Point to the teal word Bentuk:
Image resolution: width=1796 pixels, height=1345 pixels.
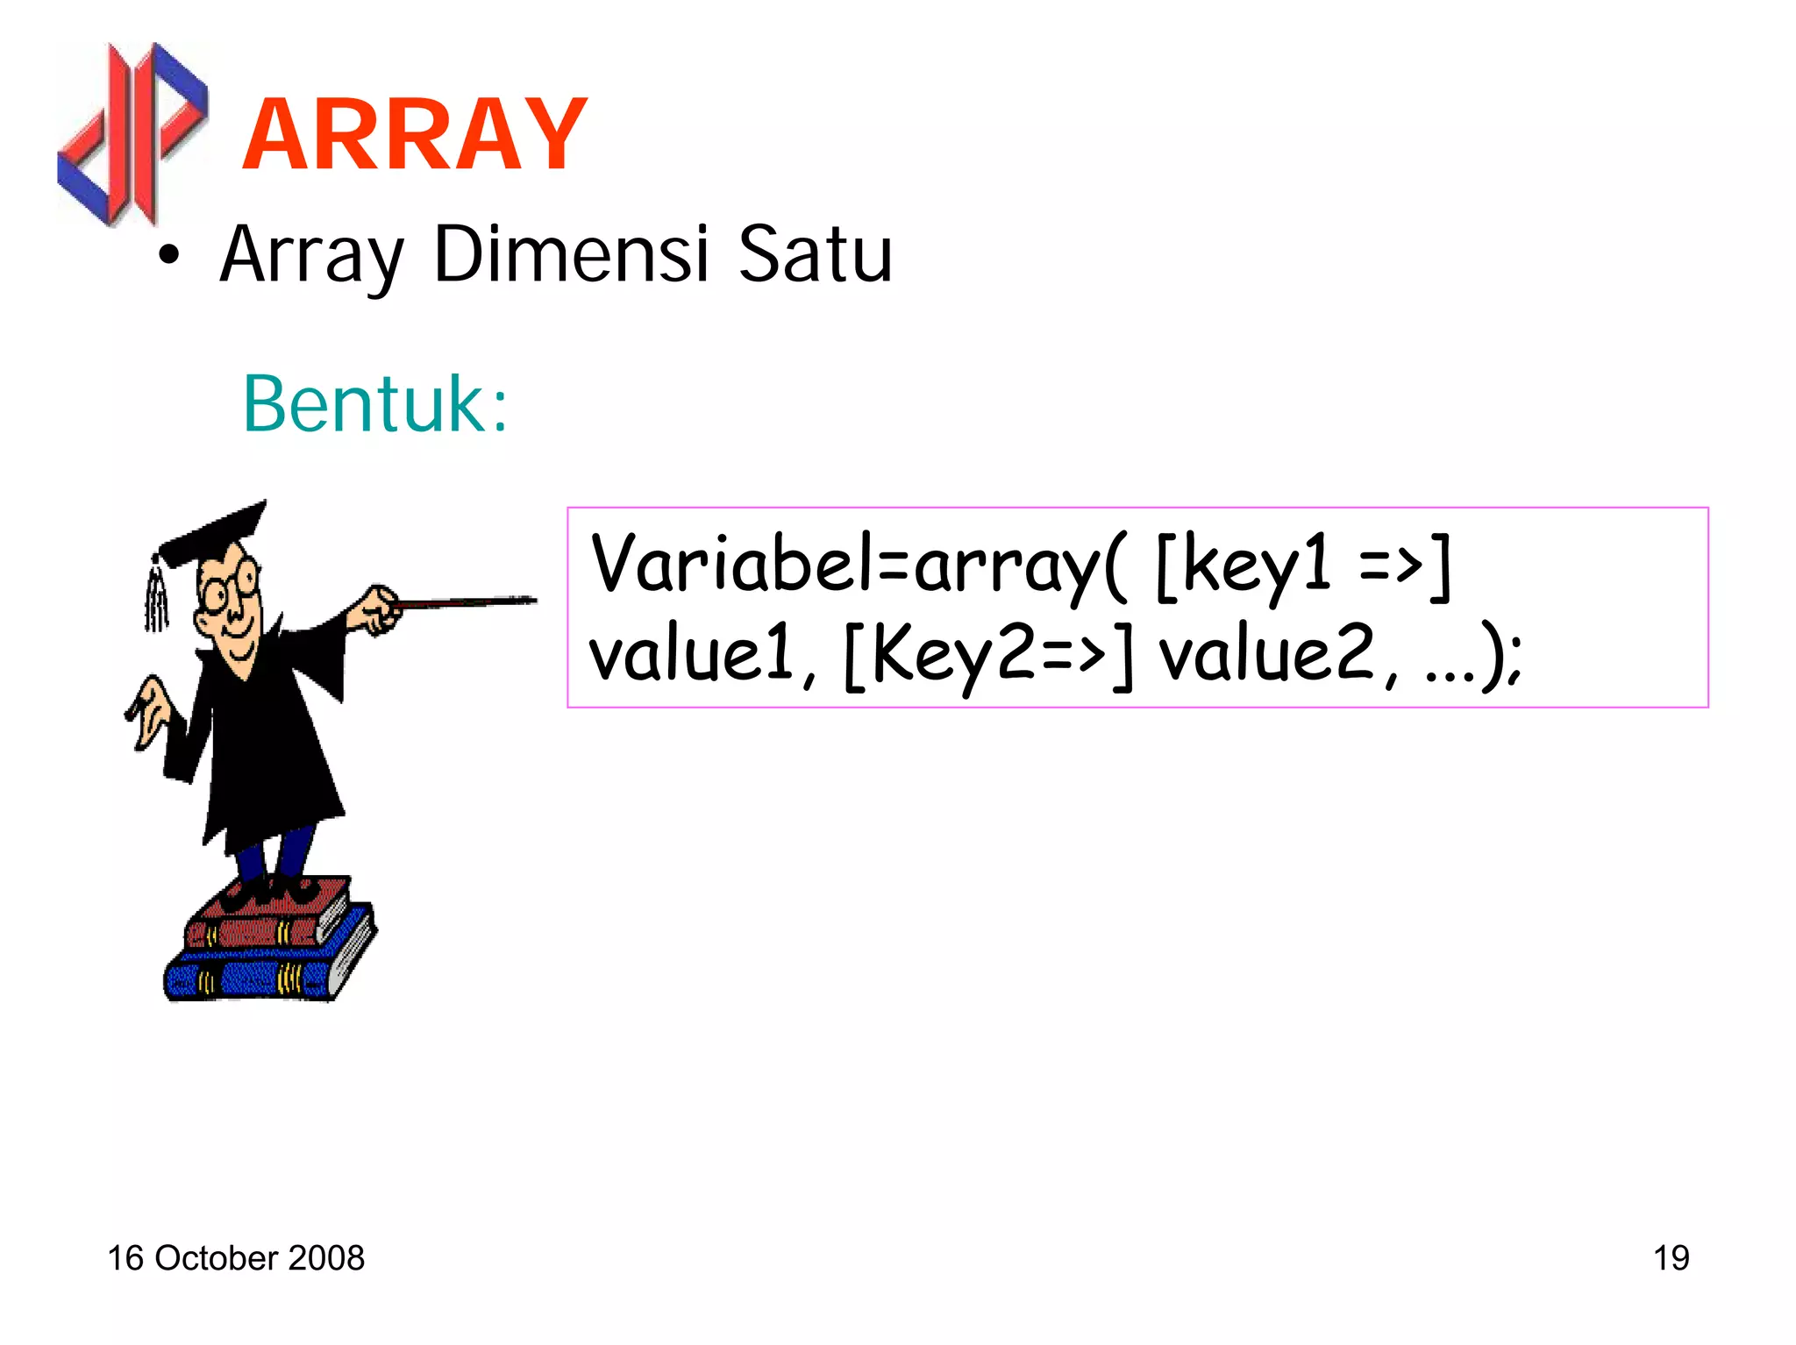pos(375,404)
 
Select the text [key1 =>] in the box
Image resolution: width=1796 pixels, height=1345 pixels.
pos(1303,566)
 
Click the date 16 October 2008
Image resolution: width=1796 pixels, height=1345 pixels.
pos(236,1258)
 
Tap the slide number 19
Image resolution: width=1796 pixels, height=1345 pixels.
pos(1671,1258)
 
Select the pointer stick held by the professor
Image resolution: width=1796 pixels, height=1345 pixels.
pos(465,602)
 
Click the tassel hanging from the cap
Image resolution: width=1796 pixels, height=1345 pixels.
pos(156,596)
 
